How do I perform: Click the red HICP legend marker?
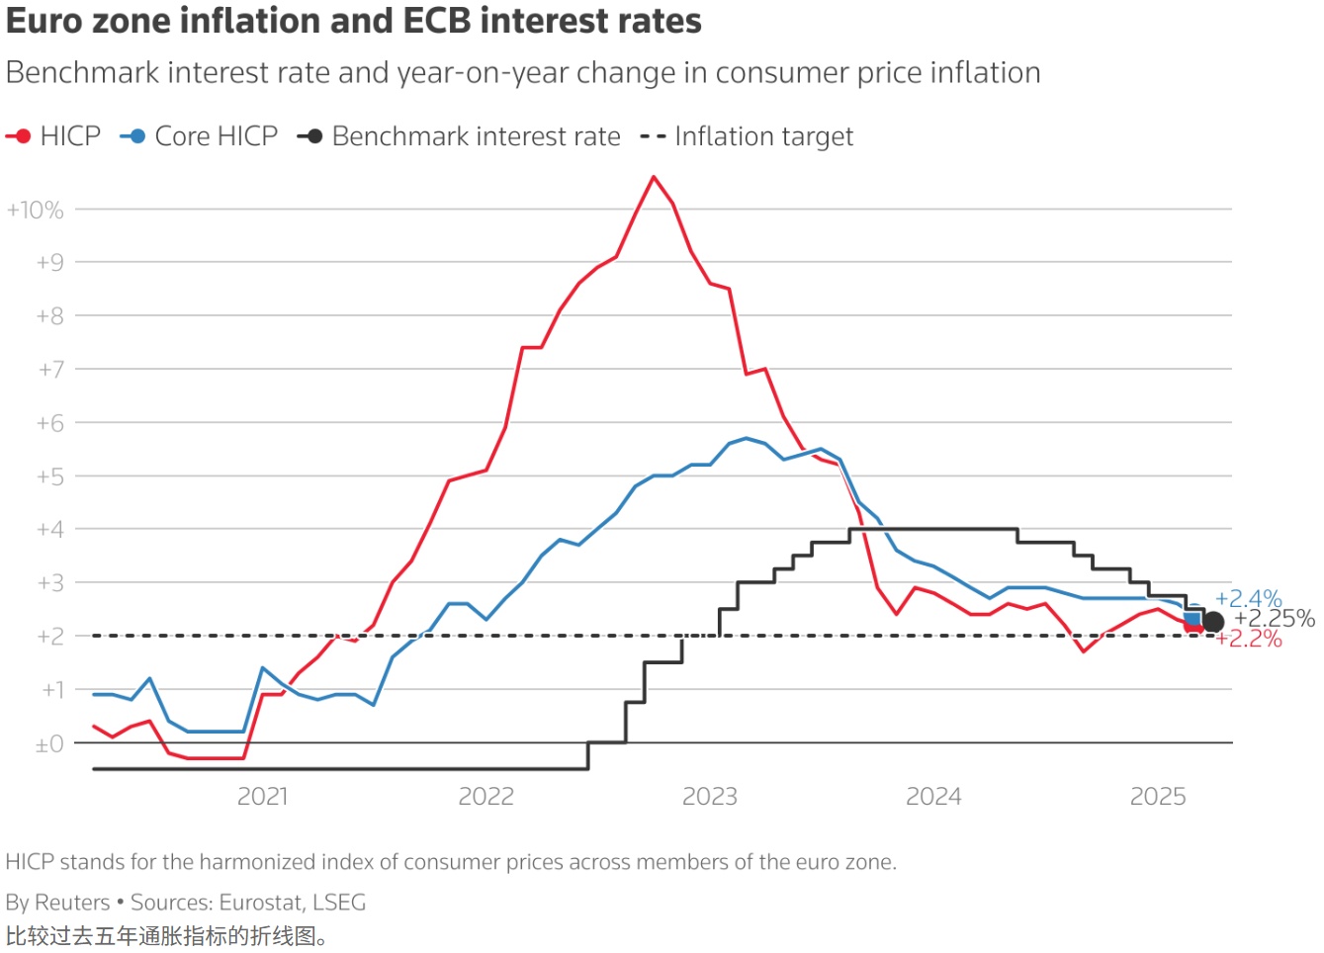20,136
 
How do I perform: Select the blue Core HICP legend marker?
134,136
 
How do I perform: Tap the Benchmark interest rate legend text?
476,136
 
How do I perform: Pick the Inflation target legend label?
763,136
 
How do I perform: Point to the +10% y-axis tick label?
36,210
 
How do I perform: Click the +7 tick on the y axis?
50,370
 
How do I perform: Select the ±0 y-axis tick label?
49,743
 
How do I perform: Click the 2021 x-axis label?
262,796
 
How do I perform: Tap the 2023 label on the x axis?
709,796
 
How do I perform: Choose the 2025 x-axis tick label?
1157,796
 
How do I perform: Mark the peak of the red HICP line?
654,177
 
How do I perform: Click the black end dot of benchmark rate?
1213,622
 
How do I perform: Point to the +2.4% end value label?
1248,598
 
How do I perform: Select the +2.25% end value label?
1275,619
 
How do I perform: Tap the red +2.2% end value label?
1250,639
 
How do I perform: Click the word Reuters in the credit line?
72,902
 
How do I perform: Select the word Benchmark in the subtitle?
84,73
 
